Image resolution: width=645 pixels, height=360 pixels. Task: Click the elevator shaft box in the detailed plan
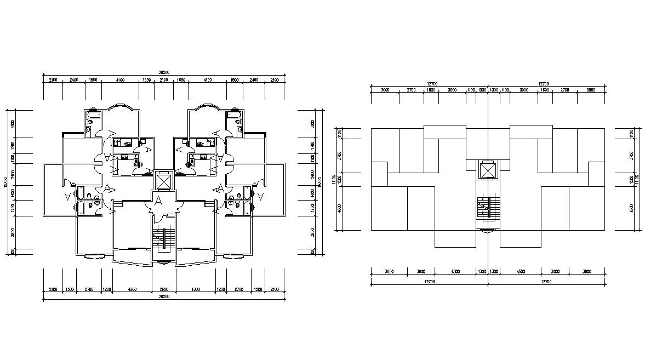[x=164, y=180]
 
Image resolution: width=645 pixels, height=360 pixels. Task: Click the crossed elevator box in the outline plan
[x=487, y=170]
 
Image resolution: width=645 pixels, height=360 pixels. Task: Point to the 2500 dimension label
[x=163, y=289]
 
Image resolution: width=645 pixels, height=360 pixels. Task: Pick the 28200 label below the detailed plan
[x=163, y=296]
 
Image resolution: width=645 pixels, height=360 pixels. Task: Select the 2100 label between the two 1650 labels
[x=163, y=80]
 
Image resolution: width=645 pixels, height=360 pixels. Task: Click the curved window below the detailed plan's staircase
[x=163, y=262]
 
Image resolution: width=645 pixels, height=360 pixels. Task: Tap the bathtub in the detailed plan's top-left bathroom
[x=94, y=116]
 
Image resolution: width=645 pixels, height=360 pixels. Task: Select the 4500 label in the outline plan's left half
[x=454, y=271]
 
